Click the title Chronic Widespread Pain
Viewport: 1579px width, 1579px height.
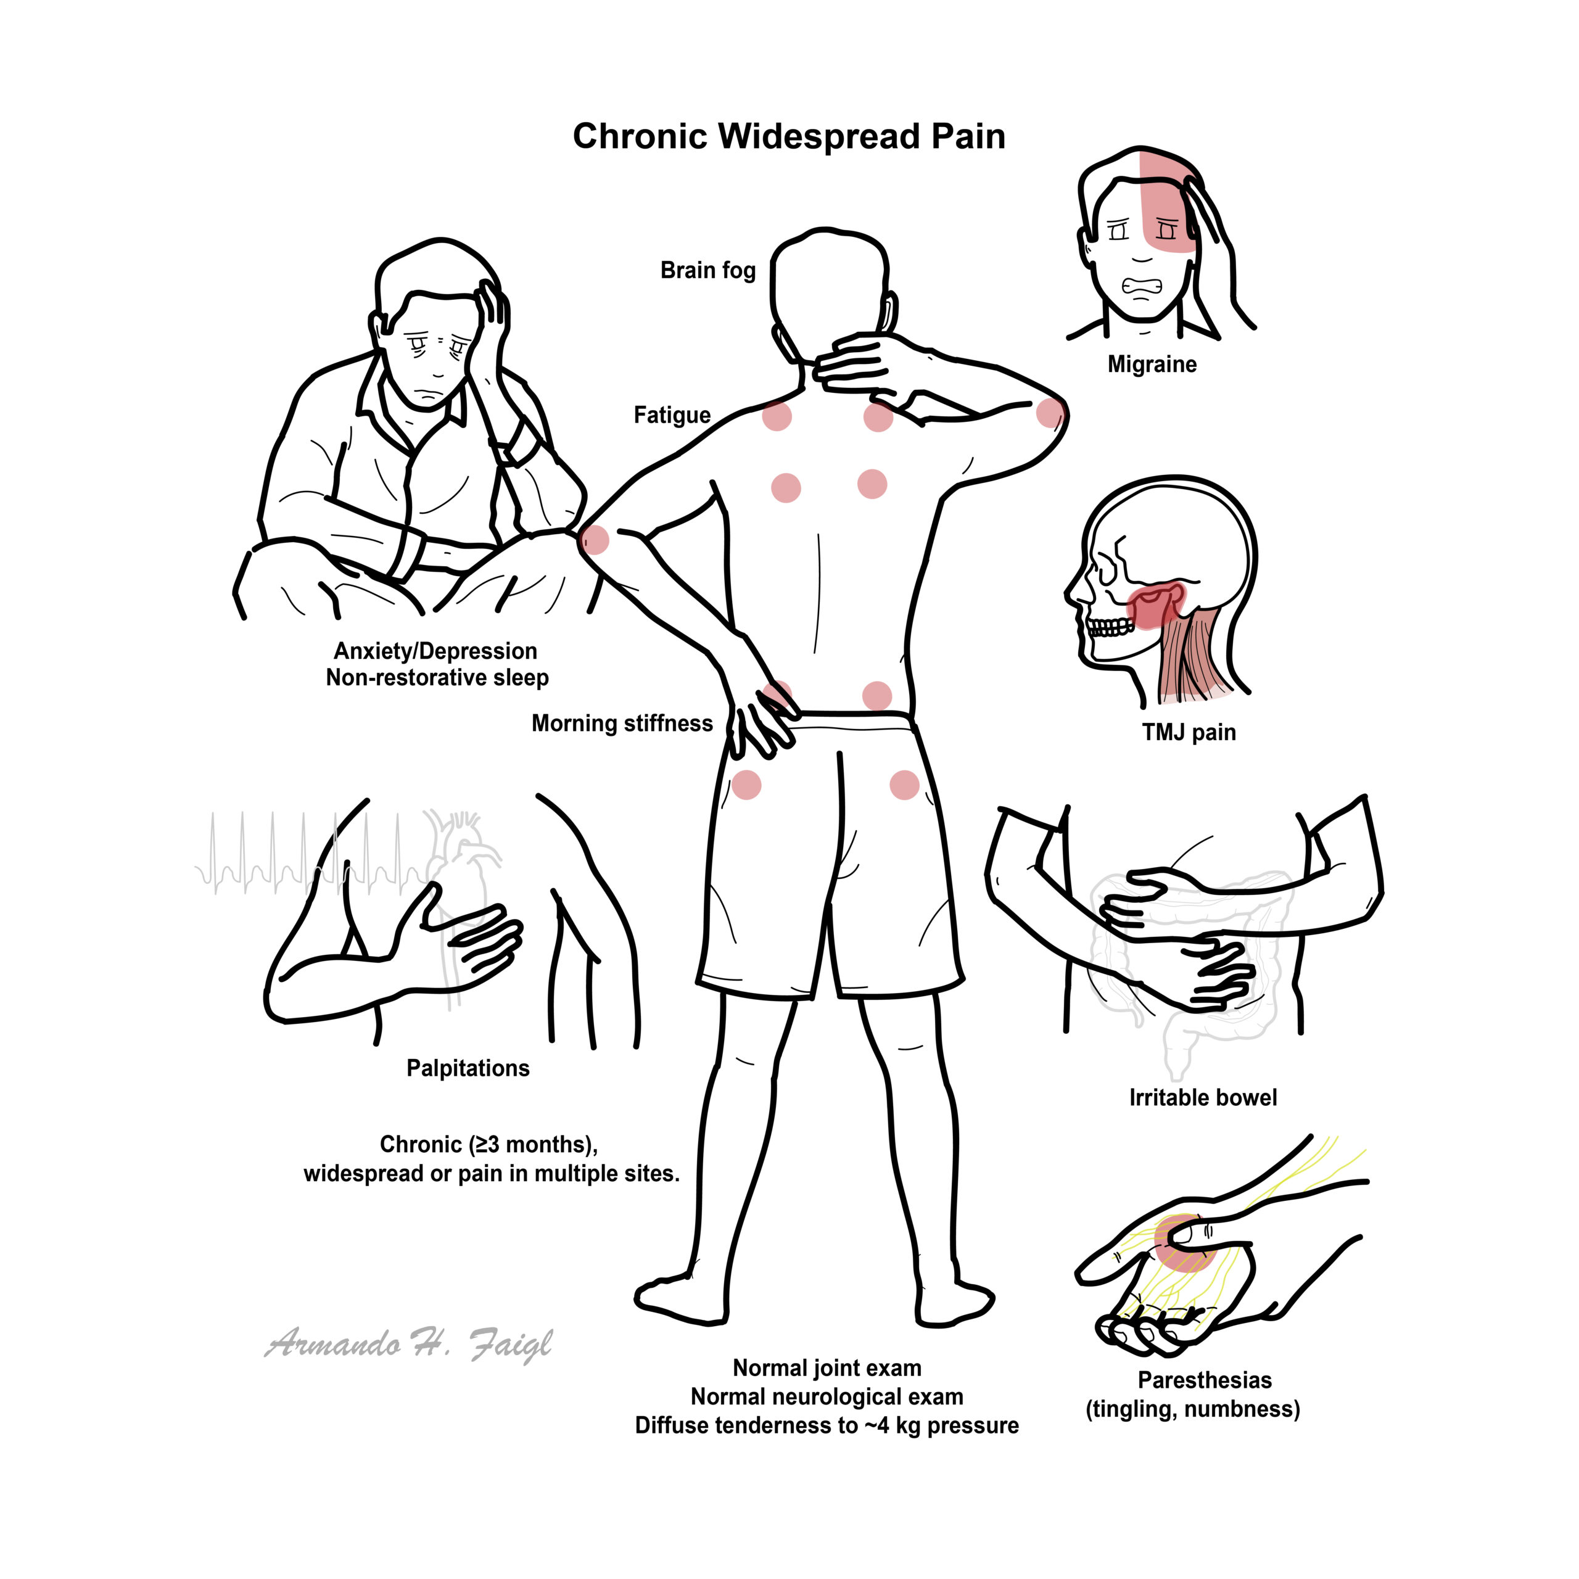(789, 136)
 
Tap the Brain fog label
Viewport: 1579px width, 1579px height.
(707, 271)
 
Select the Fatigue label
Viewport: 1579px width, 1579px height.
(672, 415)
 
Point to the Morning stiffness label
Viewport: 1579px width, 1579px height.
(622, 724)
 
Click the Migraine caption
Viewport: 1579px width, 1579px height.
(1152, 365)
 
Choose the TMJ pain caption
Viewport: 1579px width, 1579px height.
(1189, 732)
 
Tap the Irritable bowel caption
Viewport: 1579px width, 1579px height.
(1202, 1098)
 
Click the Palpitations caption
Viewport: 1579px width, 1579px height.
(468, 1068)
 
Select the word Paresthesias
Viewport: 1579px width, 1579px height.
(1205, 1380)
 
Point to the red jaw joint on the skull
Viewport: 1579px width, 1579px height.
(1155, 605)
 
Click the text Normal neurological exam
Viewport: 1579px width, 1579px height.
(827, 1397)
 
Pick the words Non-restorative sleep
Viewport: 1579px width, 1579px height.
(437, 677)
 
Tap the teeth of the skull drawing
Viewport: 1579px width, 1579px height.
(1110, 628)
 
